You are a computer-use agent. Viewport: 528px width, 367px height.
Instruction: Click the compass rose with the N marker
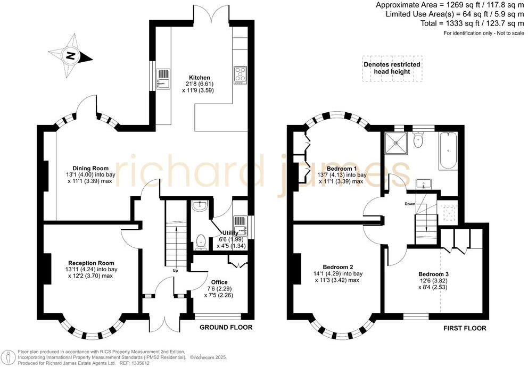(x=71, y=56)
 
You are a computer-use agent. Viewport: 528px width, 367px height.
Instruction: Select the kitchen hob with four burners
(x=241, y=75)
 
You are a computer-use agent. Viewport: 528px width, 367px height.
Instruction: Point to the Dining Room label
(x=90, y=168)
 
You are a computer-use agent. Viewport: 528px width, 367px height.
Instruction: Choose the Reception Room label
(x=91, y=263)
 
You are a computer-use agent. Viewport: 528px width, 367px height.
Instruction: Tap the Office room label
(x=219, y=282)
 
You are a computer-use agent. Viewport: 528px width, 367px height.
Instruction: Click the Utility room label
(x=230, y=233)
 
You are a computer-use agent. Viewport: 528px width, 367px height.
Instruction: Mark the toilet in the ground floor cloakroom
(x=201, y=242)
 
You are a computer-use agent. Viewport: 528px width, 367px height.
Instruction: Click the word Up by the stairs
(x=176, y=270)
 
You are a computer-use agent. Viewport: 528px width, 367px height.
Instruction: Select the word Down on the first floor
(x=410, y=204)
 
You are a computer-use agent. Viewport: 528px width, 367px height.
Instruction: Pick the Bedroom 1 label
(x=342, y=168)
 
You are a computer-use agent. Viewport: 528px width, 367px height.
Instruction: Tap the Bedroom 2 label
(x=338, y=267)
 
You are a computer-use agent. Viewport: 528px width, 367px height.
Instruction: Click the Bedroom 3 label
(x=433, y=274)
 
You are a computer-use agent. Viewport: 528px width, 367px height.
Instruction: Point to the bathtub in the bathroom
(x=448, y=152)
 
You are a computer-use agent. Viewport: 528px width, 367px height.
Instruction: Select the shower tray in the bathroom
(x=397, y=141)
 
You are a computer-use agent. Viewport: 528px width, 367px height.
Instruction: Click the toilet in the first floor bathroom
(x=418, y=140)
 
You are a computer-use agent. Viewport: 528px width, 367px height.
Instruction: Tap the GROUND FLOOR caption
(x=226, y=327)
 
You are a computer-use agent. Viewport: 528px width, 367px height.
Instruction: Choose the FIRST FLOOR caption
(x=465, y=328)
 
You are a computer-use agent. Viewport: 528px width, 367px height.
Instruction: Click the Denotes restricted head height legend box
(x=392, y=68)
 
